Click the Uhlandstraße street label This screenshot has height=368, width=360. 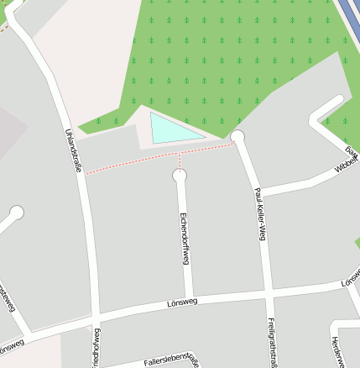point(73,150)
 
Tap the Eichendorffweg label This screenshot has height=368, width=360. point(184,239)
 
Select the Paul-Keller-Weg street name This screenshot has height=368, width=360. point(259,214)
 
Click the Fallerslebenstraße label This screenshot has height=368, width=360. point(171,360)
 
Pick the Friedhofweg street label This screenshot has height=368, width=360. point(97,349)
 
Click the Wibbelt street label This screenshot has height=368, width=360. point(346,162)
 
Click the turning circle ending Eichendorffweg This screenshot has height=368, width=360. point(179,176)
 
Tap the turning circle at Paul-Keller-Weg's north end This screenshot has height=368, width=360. point(237,136)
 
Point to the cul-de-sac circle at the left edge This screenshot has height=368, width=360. point(17,213)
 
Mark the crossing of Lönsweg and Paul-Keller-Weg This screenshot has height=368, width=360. point(268,293)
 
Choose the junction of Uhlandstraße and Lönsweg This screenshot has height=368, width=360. point(91,316)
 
